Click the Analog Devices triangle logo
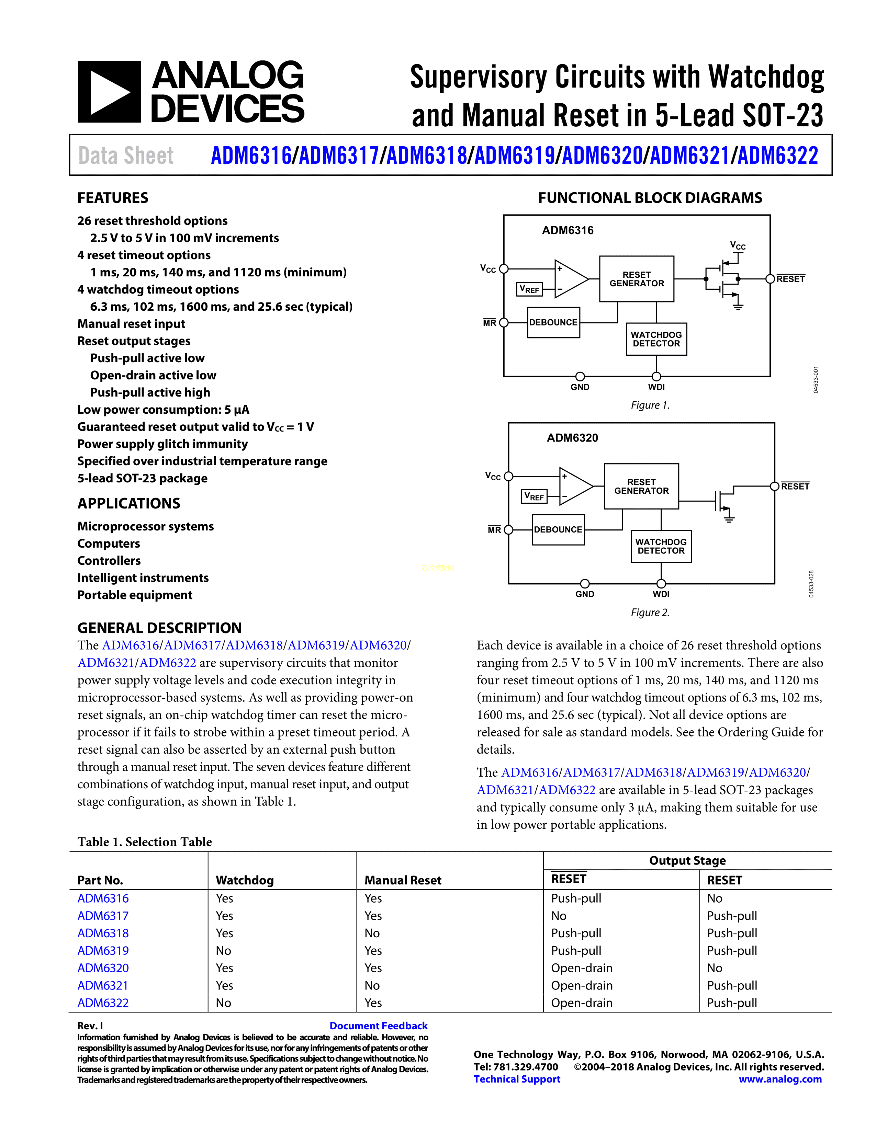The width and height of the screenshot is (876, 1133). [109, 92]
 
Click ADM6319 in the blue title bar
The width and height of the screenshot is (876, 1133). [514, 156]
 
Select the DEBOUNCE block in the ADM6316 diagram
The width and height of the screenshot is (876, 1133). [553, 322]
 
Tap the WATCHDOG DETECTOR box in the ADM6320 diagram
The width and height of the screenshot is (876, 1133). [661, 546]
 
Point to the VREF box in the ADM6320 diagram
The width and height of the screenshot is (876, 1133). [534, 496]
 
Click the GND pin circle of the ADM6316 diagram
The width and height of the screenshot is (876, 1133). [580, 376]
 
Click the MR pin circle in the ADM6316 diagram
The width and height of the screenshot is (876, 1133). [503, 322]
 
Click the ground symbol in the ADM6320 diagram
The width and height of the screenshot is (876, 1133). [729, 519]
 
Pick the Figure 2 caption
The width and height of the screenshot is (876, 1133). [650, 613]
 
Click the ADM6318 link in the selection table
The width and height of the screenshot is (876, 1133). [103, 933]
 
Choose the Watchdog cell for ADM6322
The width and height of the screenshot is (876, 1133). [223, 1003]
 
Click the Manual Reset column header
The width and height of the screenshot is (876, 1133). [403, 880]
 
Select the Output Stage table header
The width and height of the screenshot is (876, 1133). [687, 861]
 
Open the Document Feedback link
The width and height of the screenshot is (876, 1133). [378, 1026]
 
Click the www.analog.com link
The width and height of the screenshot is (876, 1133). [780, 1079]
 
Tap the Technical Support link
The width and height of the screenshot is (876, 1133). [517, 1079]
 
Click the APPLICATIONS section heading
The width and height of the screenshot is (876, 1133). [129, 503]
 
